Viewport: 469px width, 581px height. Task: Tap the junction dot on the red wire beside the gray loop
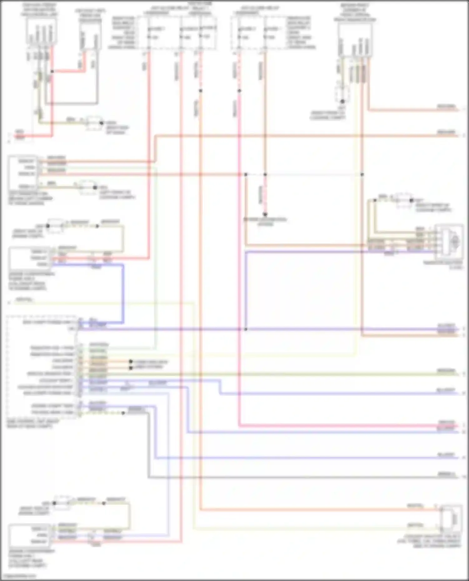click(x=52, y=71)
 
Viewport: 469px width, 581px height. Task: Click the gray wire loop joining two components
click(x=72, y=103)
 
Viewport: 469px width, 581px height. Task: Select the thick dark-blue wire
click(x=123, y=293)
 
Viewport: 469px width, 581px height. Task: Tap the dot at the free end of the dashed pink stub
click(x=265, y=214)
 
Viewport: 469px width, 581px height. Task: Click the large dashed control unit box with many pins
click(x=41, y=367)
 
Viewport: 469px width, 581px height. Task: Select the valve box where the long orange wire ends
click(x=450, y=518)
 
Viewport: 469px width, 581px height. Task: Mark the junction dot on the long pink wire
click(x=239, y=91)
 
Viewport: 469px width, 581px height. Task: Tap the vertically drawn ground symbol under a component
click(x=342, y=94)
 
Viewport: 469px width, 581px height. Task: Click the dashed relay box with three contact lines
click(x=177, y=33)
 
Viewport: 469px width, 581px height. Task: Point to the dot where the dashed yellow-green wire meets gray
click(x=123, y=413)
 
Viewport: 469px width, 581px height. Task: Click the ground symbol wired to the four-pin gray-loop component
click(x=94, y=123)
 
